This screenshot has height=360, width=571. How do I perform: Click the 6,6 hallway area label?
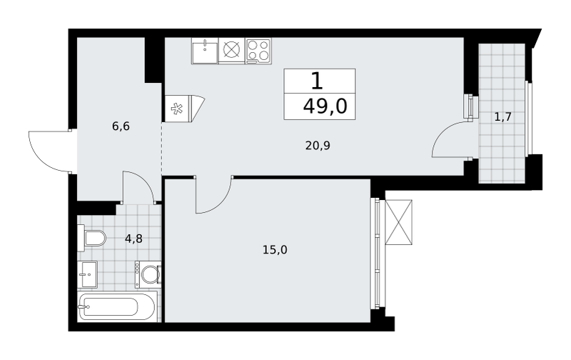click(x=121, y=127)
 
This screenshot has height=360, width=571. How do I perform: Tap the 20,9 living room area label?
click(x=318, y=146)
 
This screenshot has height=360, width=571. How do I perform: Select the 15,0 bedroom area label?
click(x=275, y=250)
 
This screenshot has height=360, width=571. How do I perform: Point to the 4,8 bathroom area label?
click(x=133, y=239)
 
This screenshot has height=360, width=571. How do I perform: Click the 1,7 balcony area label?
click(x=503, y=117)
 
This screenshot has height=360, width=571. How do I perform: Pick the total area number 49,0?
click(x=325, y=106)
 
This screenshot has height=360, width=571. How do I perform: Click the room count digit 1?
click(x=317, y=81)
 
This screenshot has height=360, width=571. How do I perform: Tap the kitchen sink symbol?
click(x=205, y=51)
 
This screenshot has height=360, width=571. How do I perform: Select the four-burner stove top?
click(x=258, y=51)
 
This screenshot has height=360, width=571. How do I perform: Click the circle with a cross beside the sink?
click(x=232, y=50)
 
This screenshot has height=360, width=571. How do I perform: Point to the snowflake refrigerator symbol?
click(x=177, y=109)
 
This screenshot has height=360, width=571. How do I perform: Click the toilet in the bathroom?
click(x=91, y=238)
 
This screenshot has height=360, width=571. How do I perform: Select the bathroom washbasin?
click(x=87, y=274)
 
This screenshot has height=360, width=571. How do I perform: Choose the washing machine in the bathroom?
click(x=148, y=274)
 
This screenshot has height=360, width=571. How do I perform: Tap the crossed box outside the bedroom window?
click(x=399, y=222)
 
